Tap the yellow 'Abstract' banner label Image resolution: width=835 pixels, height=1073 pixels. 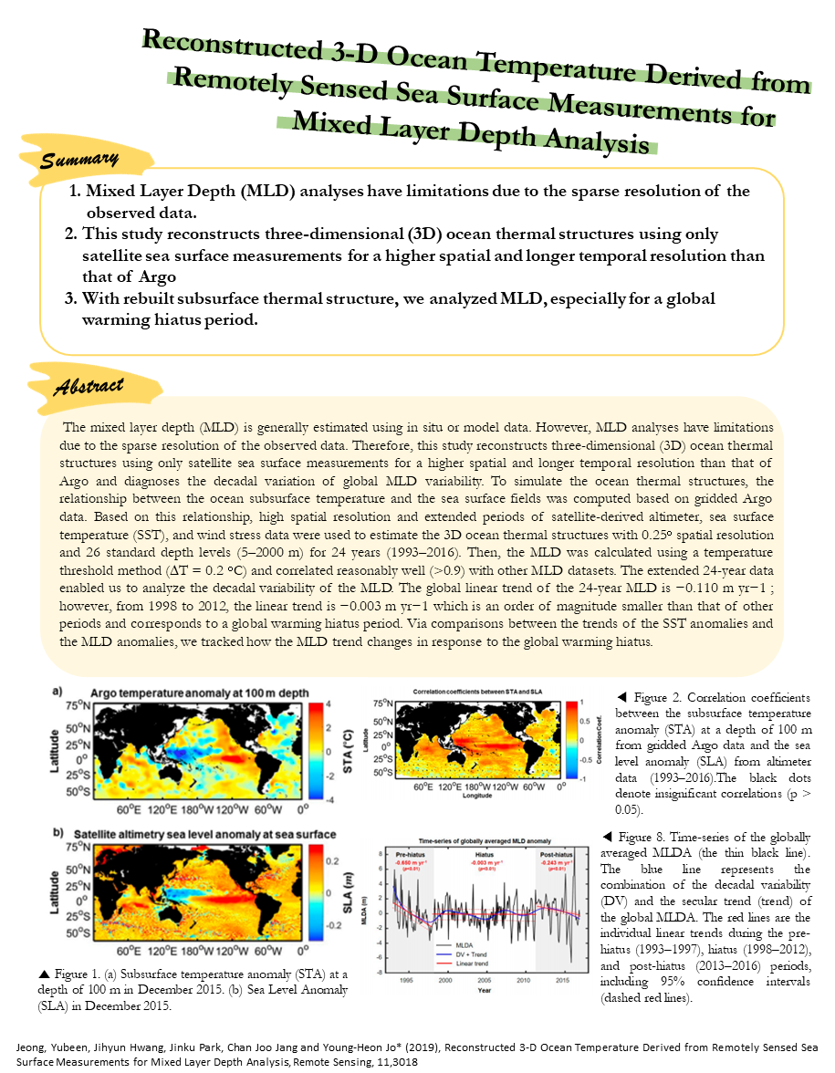pos(87,384)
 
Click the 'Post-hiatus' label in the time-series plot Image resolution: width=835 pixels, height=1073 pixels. pos(556,853)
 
